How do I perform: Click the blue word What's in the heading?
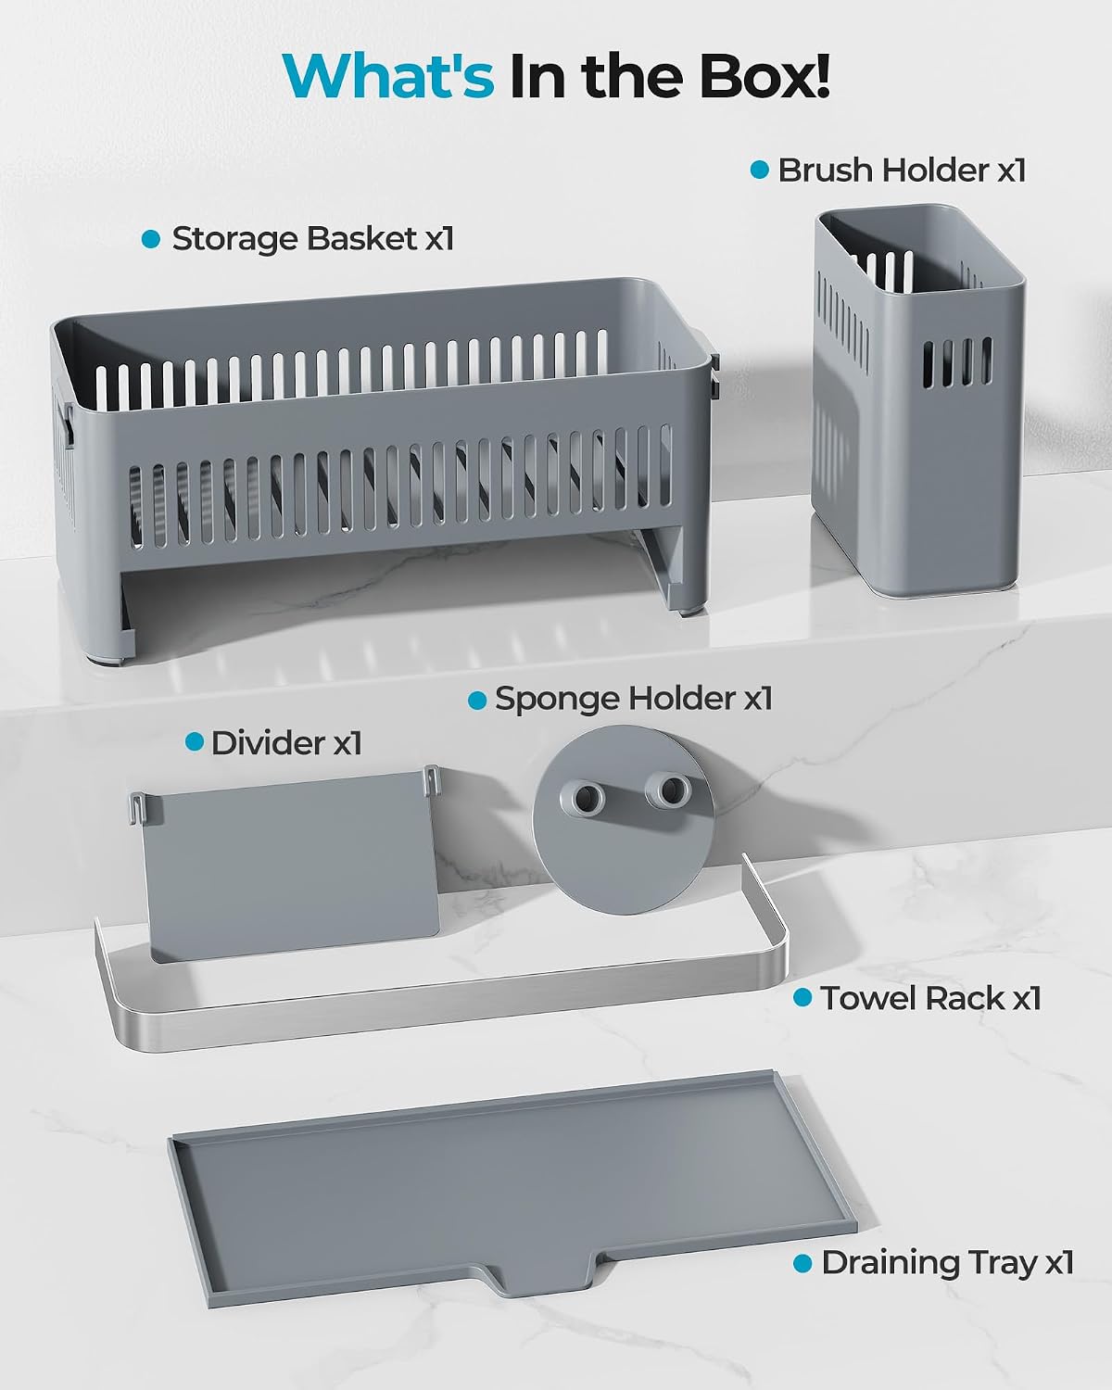point(388,76)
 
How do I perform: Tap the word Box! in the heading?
point(764,76)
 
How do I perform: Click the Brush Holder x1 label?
point(902,171)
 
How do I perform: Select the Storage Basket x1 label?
point(312,238)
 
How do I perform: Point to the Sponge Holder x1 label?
point(633,699)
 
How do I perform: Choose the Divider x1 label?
point(286,743)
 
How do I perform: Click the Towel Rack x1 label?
point(930,998)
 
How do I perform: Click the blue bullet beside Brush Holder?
point(760,171)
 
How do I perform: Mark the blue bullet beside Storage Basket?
point(150,239)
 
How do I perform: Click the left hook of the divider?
point(137,807)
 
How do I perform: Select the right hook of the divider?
point(432,779)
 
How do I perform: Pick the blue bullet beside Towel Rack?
point(802,998)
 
